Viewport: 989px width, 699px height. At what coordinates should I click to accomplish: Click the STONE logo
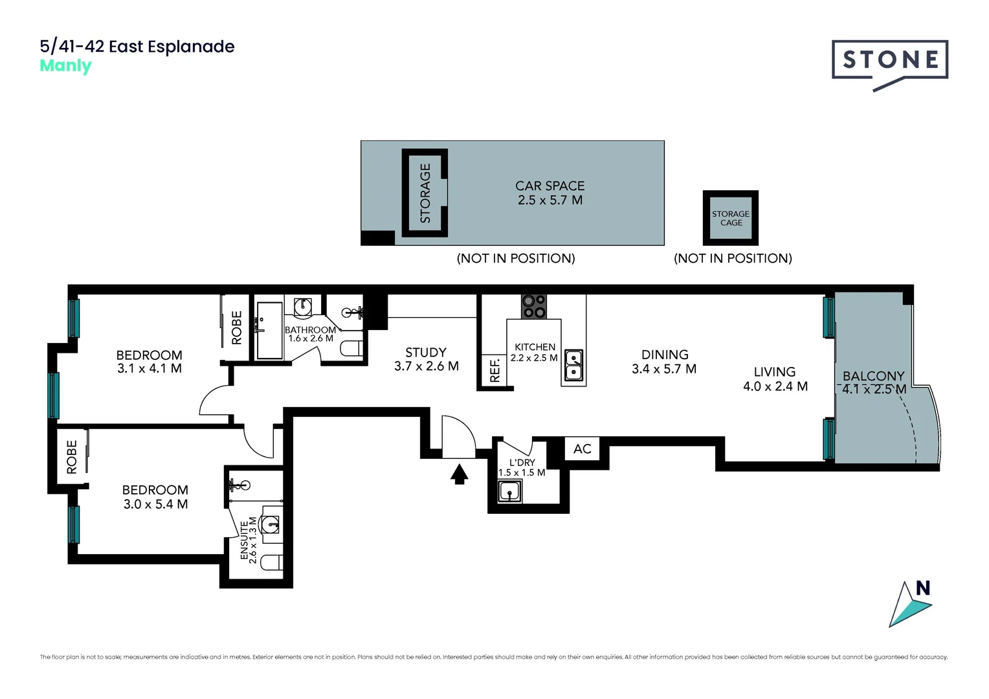[x=890, y=60]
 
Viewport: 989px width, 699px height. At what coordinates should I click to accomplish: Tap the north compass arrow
[x=910, y=605]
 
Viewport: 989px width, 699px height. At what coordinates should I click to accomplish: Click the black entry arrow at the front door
[x=460, y=474]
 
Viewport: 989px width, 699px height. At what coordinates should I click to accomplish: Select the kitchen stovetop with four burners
[x=534, y=306]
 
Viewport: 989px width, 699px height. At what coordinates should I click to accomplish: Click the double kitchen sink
[x=573, y=365]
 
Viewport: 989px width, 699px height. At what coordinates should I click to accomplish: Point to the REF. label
[x=495, y=371]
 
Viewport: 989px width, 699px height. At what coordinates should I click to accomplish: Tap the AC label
[x=582, y=449]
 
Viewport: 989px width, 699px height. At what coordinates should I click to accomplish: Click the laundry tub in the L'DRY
[x=510, y=492]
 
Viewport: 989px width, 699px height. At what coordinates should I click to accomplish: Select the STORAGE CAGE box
[x=731, y=218]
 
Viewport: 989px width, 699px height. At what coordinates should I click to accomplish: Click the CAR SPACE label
[x=550, y=186]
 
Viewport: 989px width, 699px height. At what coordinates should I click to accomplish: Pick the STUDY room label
[x=426, y=352]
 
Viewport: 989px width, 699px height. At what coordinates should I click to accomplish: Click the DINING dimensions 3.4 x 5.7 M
[x=664, y=369]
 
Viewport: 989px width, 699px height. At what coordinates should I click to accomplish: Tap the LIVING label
[x=774, y=372]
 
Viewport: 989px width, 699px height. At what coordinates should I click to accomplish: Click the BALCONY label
[x=873, y=375]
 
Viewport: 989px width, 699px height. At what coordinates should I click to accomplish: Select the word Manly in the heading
[x=65, y=66]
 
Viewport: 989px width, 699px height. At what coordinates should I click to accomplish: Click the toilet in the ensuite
[x=272, y=562]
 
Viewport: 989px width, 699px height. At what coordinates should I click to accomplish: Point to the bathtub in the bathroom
[x=269, y=330]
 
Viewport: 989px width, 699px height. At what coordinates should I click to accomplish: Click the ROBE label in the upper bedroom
[x=237, y=327]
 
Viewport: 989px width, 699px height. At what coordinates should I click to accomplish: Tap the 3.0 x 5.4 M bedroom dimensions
[x=155, y=504]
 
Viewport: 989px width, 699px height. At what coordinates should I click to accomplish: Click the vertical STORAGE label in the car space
[x=425, y=194]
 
